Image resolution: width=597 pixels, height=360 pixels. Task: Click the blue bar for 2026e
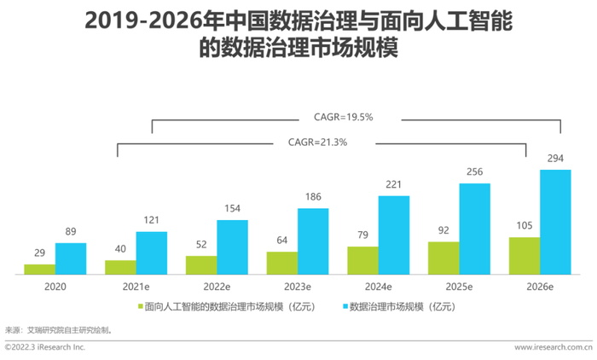tap(555, 222)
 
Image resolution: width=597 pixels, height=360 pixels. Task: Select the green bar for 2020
tap(40, 270)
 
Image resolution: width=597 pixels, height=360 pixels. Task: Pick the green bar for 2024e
tap(362, 260)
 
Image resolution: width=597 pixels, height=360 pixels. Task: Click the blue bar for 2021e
tap(152, 253)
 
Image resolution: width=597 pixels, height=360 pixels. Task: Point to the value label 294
tap(555, 160)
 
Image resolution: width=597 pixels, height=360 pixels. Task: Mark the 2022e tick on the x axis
tap(217, 287)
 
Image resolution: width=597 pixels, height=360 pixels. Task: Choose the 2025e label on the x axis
tap(459, 287)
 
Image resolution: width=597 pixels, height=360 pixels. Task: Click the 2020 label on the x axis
tap(55, 287)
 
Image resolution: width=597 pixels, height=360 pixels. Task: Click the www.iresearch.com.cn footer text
tap(554, 348)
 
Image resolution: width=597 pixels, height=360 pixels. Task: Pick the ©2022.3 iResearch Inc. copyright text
tap(45, 348)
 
